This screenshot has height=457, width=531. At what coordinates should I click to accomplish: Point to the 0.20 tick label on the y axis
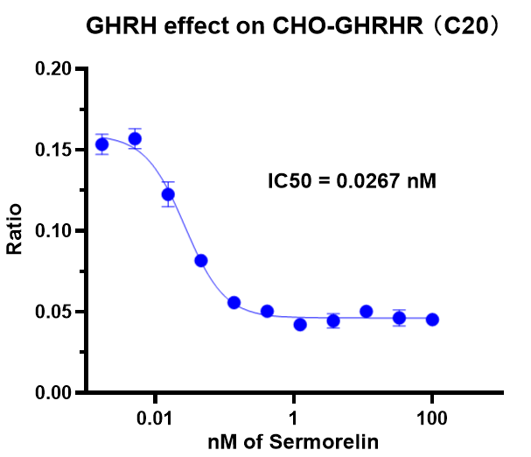coord(54,69)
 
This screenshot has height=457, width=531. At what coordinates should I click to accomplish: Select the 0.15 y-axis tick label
coord(54,151)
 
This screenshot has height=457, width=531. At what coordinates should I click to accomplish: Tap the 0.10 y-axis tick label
coord(54,231)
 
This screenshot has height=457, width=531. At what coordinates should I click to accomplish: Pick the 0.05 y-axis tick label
coord(54,312)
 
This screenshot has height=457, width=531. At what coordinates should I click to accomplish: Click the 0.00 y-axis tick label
coord(54,393)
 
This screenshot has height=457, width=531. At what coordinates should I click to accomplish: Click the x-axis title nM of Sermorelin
coord(293,441)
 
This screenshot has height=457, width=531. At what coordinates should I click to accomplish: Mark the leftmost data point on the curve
coord(102,144)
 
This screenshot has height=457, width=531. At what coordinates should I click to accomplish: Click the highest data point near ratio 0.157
coord(135,138)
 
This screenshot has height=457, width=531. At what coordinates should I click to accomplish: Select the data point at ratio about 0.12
coord(168,194)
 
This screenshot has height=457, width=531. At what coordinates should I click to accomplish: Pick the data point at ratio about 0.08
coord(201,261)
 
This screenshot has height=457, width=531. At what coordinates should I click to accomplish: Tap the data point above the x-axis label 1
coord(300,325)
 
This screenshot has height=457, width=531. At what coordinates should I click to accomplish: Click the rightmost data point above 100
coord(432,320)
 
